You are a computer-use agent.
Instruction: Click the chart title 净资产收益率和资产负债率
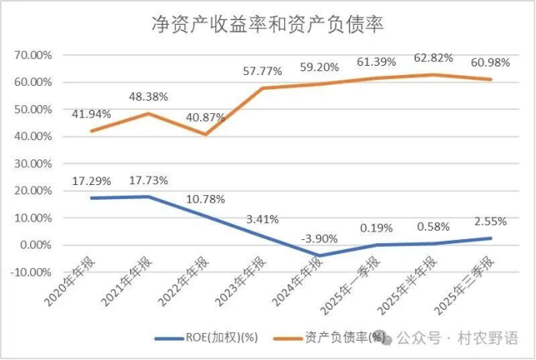(x=267, y=24)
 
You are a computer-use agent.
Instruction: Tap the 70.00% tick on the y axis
(x=33, y=55)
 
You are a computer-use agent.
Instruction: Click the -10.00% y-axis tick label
(x=31, y=273)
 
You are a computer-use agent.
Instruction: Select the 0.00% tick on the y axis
(x=35, y=245)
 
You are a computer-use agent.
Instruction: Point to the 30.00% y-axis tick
(x=33, y=164)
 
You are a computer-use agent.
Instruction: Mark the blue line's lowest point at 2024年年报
(x=318, y=255)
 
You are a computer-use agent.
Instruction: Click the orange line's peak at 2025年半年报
(x=433, y=75)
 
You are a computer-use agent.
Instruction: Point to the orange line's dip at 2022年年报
(x=205, y=134)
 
